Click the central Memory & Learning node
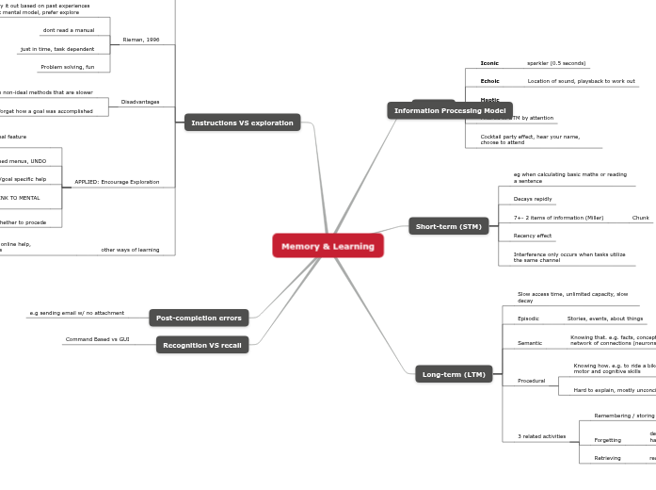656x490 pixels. coord(328,246)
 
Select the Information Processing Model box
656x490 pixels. coord(450,110)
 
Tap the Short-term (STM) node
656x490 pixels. coord(448,226)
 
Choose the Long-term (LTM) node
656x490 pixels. coord(454,374)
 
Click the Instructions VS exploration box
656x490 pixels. coord(242,122)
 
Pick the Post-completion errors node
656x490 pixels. coord(199,318)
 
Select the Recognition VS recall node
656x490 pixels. coord(202,345)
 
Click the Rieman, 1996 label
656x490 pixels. coord(140,41)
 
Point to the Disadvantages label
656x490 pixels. coord(140,102)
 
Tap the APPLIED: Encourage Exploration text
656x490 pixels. coord(117,182)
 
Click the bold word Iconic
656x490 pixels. coord(489,63)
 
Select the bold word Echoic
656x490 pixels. coord(489,81)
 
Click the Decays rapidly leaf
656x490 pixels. coord(533,199)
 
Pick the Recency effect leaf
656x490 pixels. coord(533,235)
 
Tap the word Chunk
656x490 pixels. coord(640,218)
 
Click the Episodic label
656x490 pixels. coord(529,318)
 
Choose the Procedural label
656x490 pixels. coord(532,381)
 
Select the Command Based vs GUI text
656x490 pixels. coord(98,339)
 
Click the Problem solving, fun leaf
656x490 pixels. coord(68,67)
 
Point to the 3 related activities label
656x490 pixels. coord(542,436)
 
